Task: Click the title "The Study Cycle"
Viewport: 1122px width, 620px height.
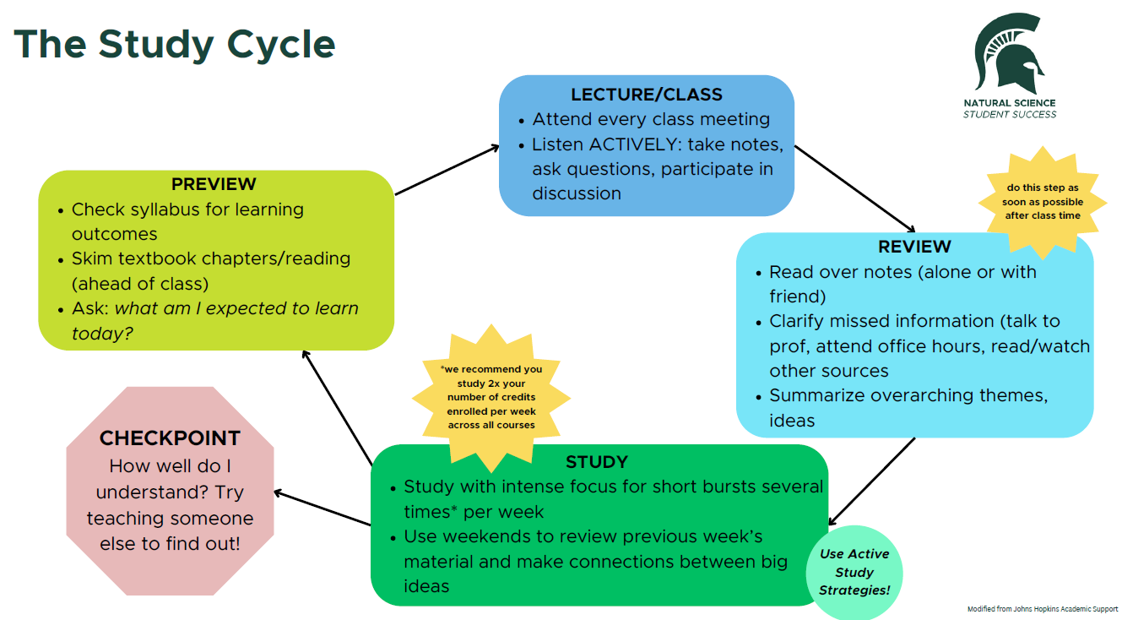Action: pos(175,44)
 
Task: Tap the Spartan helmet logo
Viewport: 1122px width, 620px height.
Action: pos(1009,54)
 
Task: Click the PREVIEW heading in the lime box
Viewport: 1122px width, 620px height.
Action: pos(214,184)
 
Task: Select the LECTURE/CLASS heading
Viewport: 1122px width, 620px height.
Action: pos(647,94)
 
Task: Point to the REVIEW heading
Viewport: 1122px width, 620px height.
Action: pos(914,247)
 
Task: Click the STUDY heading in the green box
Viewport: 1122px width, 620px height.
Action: pos(597,462)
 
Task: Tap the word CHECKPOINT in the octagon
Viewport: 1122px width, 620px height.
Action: pos(170,438)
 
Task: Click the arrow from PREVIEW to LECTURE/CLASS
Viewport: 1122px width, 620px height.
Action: pos(447,170)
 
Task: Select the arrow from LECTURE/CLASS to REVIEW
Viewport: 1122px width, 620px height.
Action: pos(854,188)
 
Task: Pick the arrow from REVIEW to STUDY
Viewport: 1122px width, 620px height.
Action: pos(872,481)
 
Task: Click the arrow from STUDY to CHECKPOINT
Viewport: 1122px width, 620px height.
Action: pos(323,509)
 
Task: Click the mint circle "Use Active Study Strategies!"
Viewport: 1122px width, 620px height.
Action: pos(854,573)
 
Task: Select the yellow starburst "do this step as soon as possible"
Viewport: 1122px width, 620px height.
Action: pos(1042,202)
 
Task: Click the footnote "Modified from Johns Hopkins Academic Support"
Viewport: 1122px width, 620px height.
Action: pos(1042,608)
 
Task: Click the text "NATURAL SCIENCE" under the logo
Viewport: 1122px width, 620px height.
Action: pos(1010,103)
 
